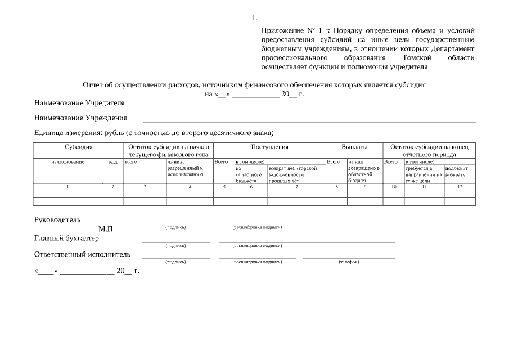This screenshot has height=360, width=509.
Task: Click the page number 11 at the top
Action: (254, 17)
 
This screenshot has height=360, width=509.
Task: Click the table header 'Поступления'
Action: (269, 147)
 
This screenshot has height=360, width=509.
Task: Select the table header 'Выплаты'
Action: (354, 147)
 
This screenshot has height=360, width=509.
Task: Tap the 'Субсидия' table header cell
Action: (78, 147)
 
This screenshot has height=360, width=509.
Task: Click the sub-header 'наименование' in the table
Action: (67, 162)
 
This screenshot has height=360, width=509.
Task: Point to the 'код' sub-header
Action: (112, 162)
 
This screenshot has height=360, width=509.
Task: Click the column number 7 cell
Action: (296, 187)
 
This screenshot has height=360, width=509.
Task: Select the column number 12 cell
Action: (460, 187)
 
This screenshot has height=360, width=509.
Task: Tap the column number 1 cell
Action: (67, 187)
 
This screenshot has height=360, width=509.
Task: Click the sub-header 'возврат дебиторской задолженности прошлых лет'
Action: (292, 174)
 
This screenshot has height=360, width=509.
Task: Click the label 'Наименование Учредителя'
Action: (79, 103)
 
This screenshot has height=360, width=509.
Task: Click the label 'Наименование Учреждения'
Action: (80, 118)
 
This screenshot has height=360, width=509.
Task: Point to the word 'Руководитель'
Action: (57, 219)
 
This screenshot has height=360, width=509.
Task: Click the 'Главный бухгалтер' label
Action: (66, 238)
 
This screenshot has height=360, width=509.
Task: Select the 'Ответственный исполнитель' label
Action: (82, 254)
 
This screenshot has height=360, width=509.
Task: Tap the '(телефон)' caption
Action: (348, 262)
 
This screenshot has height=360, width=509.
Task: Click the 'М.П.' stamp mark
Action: (106, 229)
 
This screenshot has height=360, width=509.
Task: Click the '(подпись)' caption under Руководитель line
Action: (175, 227)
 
